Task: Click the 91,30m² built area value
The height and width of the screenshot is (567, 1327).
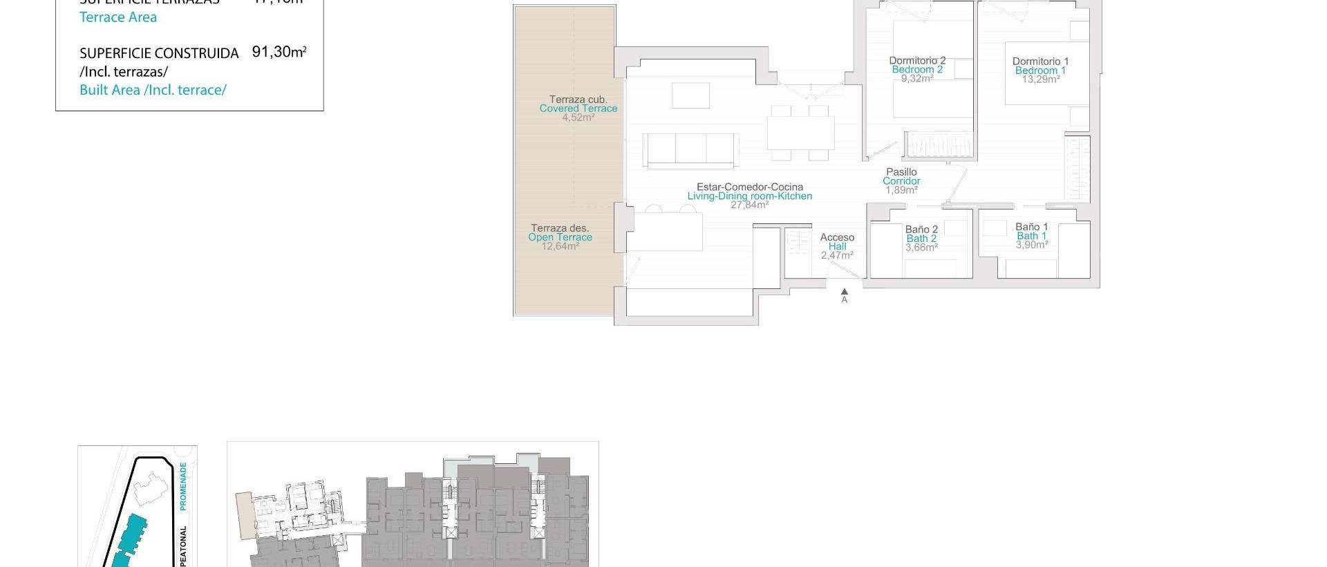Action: [279, 52]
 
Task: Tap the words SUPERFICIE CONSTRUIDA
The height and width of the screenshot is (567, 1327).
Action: [159, 53]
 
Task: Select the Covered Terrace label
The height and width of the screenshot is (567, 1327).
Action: [578, 109]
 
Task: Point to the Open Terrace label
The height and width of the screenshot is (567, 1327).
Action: [560, 237]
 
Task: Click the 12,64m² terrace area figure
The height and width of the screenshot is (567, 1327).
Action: [560, 246]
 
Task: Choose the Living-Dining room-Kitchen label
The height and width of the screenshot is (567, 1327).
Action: [749, 196]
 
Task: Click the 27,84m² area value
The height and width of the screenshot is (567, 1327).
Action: [749, 205]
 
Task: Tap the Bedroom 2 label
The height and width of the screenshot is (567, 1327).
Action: [917, 70]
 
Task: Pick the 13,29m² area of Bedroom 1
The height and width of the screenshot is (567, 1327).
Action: [1040, 80]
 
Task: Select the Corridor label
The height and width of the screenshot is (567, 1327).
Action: [901, 181]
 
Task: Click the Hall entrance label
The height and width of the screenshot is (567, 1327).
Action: [837, 246]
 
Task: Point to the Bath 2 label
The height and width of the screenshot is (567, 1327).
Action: [921, 239]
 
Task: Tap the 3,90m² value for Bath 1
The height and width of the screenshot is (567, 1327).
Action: [1031, 245]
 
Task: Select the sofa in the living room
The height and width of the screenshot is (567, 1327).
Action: [690, 150]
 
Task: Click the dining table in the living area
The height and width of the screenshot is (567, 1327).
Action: [800, 133]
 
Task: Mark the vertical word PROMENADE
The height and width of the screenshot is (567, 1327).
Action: [183, 487]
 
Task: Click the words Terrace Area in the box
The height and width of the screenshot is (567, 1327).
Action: [118, 17]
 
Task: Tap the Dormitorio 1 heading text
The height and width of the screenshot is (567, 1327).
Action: [1040, 62]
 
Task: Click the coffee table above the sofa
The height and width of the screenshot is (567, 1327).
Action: [690, 95]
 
